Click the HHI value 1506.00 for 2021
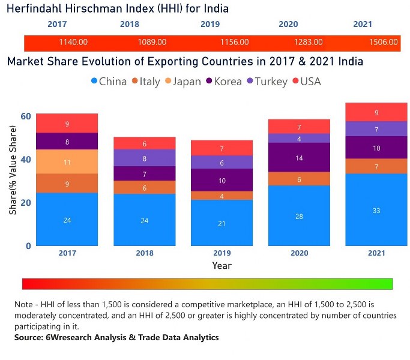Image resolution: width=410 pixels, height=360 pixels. pyautogui.click(x=384, y=43)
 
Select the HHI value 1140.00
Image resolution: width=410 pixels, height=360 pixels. pyautogui.click(x=73, y=43)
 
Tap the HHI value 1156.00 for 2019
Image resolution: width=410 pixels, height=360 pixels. pyautogui.click(x=234, y=43)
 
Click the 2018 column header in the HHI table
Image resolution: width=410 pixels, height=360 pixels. pyautogui.click(x=129, y=25)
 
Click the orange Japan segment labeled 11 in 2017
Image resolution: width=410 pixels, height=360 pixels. pyautogui.click(x=67, y=162)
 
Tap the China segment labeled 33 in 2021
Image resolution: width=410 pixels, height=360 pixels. pyautogui.click(x=376, y=210)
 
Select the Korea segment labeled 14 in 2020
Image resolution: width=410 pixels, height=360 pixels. pyautogui.click(x=298, y=158)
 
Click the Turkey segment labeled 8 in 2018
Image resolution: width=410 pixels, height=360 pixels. pyautogui.click(x=144, y=158)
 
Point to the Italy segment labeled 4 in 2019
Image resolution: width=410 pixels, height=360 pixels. pyautogui.click(x=221, y=196)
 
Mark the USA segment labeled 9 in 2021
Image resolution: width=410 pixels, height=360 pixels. pyautogui.click(x=376, y=112)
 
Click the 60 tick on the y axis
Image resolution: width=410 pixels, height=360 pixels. pyautogui.click(x=25, y=116)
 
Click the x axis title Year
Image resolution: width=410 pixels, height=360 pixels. pyautogui.click(x=221, y=265)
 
